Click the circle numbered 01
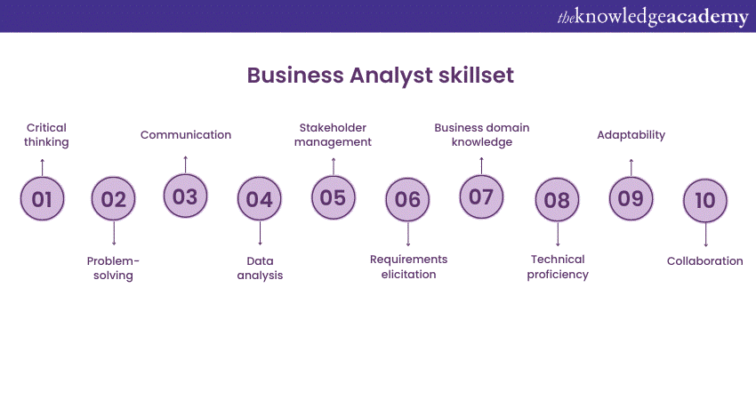point(42,198)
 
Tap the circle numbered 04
point(260,198)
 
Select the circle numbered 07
point(481,196)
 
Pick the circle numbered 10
point(705,201)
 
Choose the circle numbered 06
point(407,199)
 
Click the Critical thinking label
point(46,135)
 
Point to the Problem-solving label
point(113,268)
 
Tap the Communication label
point(186,135)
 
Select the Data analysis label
point(260,268)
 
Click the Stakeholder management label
point(334,135)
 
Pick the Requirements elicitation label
point(408,267)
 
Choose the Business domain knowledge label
point(482,135)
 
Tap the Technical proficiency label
point(558,267)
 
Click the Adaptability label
point(631,135)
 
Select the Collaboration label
point(705,261)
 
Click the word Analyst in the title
point(391,76)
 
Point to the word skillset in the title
point(477,76)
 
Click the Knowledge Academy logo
point(653,17)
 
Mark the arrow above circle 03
point(186,164)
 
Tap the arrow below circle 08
point(558,234)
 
